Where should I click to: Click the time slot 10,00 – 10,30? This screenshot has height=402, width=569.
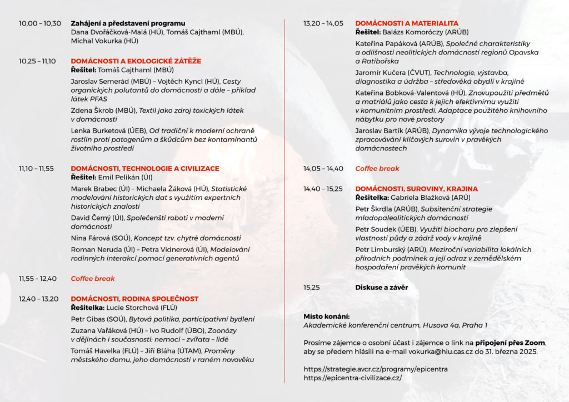(40, 23)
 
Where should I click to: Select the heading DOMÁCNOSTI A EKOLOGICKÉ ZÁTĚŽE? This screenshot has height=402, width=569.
(136, 61)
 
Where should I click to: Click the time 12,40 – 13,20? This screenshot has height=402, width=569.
(38, 299)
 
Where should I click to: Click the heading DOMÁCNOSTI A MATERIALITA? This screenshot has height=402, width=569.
(407, 23)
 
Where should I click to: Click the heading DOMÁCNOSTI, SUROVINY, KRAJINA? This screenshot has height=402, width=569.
(416, 189)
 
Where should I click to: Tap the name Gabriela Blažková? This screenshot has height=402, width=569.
(422, 198)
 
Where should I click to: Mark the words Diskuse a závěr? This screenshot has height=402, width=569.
(381, 288)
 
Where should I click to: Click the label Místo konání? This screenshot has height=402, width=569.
(326, 316)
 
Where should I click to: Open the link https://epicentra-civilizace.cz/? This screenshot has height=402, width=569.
(352, 378)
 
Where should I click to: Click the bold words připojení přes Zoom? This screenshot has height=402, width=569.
(510, 343)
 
